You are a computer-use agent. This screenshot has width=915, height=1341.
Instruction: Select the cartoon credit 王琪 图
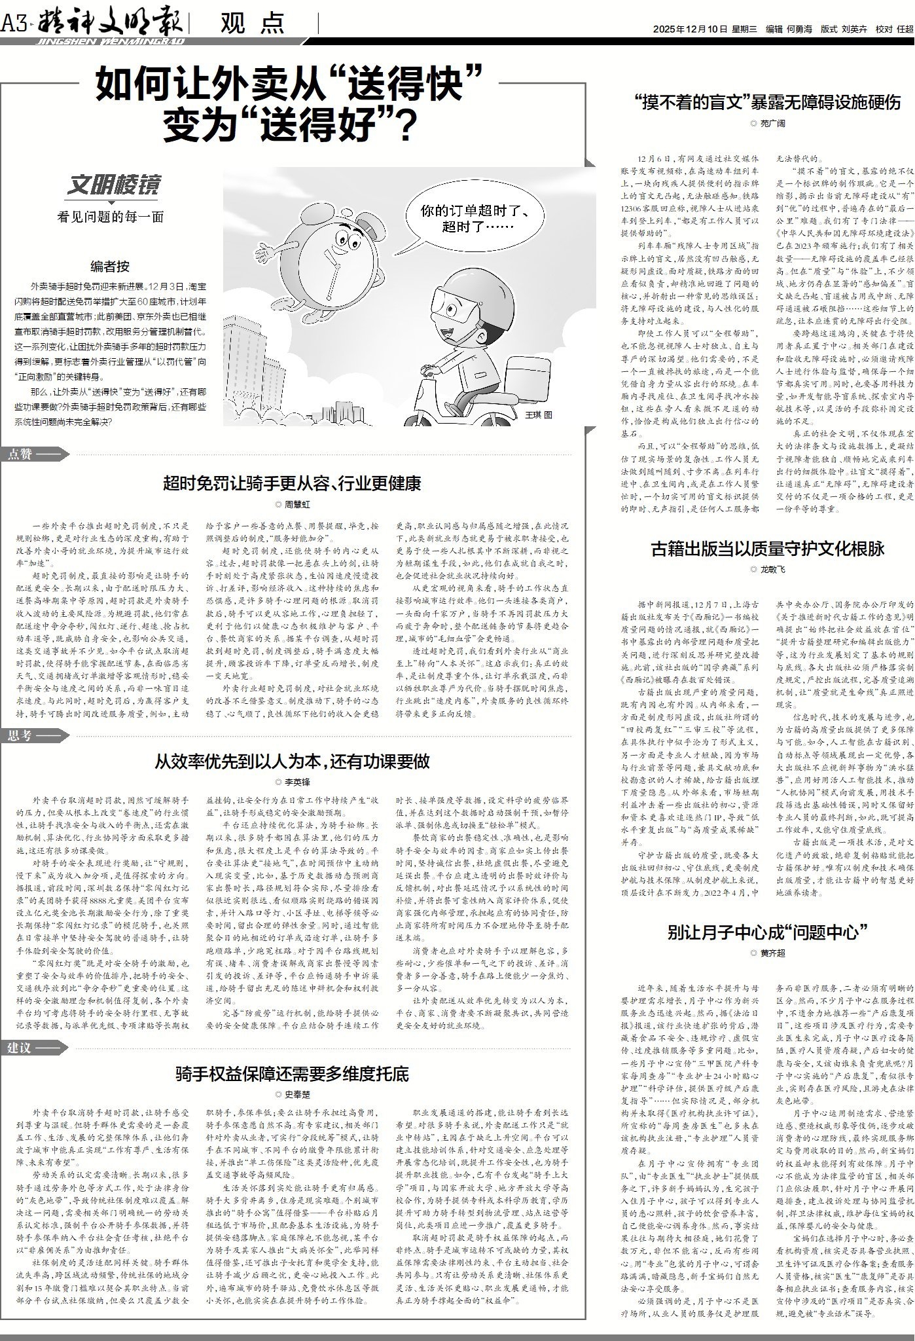tap(539, 414)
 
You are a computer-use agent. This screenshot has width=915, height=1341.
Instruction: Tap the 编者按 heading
tap(110, 266)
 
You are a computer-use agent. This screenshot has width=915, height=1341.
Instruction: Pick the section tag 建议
tap(20, 1048)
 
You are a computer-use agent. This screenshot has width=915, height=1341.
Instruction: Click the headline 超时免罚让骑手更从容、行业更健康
tap(292, 484)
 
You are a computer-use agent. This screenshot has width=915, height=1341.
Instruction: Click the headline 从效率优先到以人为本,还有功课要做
tap(292, 762)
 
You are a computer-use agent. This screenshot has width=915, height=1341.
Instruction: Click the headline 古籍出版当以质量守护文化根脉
tap(768, 548)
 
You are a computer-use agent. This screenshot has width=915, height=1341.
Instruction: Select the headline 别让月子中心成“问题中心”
tap(768, 932)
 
